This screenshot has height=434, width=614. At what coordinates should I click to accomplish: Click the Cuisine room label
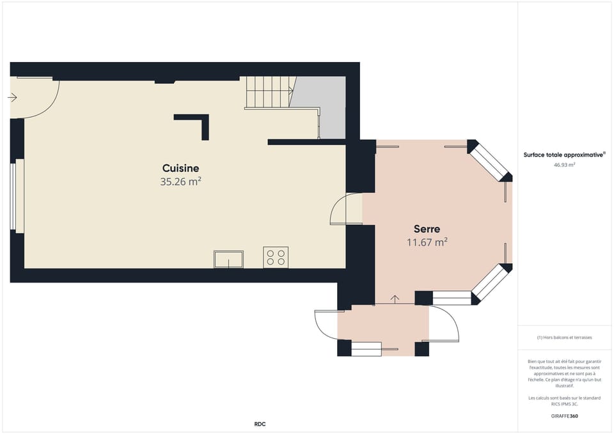(180, 168)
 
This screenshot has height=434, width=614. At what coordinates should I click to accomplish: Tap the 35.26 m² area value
(180, 182)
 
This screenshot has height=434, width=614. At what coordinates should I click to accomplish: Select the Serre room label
(427, 229)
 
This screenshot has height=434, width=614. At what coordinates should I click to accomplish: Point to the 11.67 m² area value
(427, 242)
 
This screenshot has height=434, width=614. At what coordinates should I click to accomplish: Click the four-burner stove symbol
(276, 258)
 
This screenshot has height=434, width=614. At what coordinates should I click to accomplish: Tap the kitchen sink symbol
(228, 259)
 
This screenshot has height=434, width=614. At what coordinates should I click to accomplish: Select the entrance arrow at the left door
(12, 98)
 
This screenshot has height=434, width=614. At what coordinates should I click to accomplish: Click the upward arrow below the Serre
(395, 298)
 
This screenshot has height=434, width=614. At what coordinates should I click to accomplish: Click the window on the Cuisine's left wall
(13, 196)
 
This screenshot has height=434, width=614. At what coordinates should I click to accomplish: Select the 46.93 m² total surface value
(564, 165)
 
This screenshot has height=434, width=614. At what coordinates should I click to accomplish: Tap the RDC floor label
(260, 424)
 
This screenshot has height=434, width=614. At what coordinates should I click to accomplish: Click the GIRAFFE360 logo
(565, 415)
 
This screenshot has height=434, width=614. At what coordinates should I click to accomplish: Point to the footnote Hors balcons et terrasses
(564, 337)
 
